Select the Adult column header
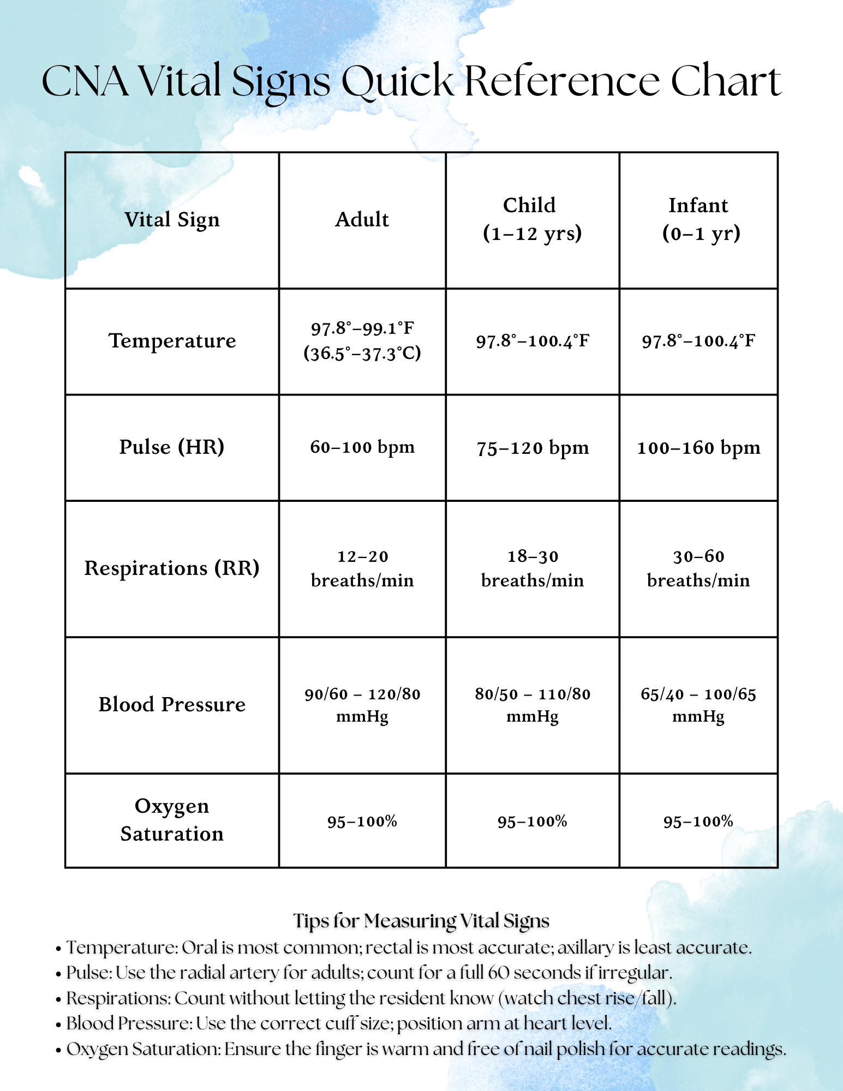point(362,220)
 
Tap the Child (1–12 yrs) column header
point(532,219)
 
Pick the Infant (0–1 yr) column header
point(700,219)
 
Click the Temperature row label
point(172,341)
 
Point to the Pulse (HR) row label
point(172,447)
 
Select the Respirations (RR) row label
point(172,568)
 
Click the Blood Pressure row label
point(172,705)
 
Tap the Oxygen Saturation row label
point(172,820)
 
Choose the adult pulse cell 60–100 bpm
point(362,447)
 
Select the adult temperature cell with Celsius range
point(362,341)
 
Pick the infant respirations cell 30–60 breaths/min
point(698,568)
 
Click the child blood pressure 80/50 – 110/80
point(533,704)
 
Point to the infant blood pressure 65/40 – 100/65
point(698,704)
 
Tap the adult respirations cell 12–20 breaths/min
point(362,568)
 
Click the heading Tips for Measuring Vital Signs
point(421,921)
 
